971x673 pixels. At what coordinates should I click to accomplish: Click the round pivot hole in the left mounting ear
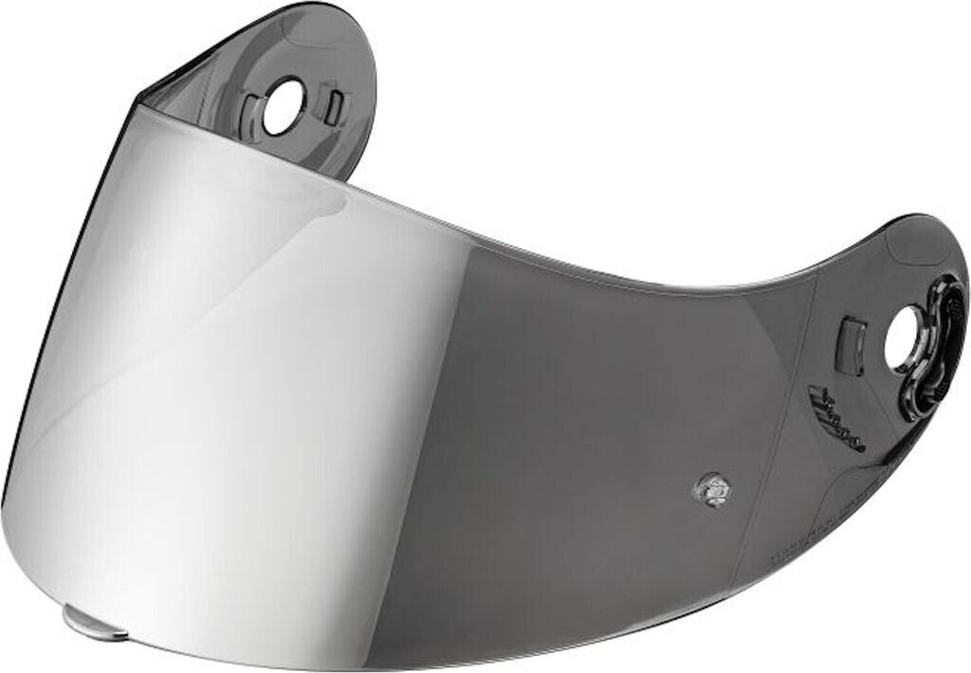tap(283, 106)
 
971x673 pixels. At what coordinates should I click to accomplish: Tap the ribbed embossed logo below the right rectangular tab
tap(836, 419)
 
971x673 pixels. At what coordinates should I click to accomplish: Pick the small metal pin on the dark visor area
tap(709, 489)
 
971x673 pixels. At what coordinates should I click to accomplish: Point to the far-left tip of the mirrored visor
tap(5, 503)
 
